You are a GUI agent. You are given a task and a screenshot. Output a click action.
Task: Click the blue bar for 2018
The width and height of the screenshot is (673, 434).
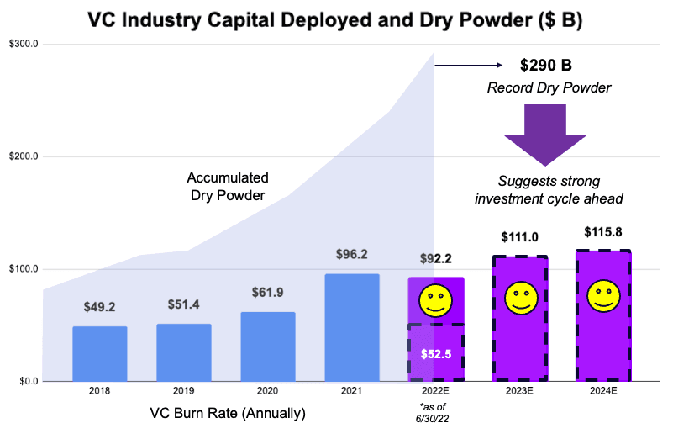tap(99, 353)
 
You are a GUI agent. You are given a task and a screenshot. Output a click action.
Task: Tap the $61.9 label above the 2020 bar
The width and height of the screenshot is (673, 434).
tap(267, 293)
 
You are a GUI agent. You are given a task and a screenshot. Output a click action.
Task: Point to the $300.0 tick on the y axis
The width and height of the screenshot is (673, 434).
tap(23, 44)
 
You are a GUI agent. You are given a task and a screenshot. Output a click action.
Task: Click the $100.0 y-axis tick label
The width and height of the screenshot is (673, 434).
tap(23, 269)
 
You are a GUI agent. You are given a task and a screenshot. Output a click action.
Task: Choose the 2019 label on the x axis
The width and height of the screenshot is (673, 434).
tap(183, 391)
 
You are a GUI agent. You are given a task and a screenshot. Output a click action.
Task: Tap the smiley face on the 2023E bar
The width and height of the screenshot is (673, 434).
tap(519, 297)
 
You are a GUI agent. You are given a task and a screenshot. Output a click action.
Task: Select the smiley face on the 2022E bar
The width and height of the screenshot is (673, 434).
tap(435, 300)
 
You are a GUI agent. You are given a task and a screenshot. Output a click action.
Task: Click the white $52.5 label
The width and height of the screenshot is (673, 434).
tap(435, 353)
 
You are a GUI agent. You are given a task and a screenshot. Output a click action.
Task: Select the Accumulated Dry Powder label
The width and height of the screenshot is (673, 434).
tap(227, 186)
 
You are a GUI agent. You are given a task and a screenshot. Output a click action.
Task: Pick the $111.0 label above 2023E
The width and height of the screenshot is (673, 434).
tap(519, 238)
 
